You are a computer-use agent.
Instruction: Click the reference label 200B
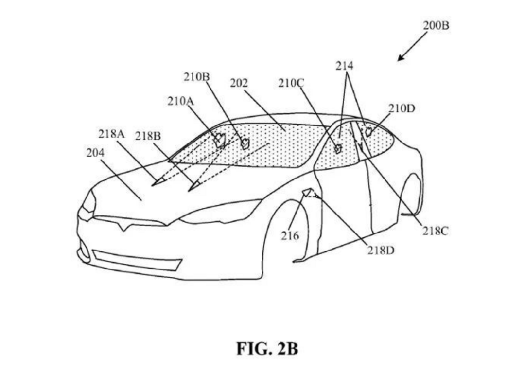pos(436,25)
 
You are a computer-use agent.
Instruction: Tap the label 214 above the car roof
pos(345,66)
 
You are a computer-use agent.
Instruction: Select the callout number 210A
pos(181,101)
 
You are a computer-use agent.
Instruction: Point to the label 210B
pos(196,77)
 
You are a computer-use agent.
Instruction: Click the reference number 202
pos(239,83)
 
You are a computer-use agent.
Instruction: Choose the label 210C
pos(291,83)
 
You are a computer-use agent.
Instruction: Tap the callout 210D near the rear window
pos(402,108)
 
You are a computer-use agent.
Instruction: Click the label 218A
pos(111,134)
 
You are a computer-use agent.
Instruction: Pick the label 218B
pos(148,136)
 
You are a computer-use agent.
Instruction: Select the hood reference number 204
pos(95,153)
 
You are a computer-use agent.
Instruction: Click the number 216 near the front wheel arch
pos(290,236)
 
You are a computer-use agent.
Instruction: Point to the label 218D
pos(381,251)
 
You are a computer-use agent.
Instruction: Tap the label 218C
pos(435,231)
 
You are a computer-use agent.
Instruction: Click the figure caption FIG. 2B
pos(267,349)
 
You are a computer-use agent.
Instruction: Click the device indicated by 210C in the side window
pos(338,148)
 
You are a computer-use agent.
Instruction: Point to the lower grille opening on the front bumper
pos(137,260)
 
